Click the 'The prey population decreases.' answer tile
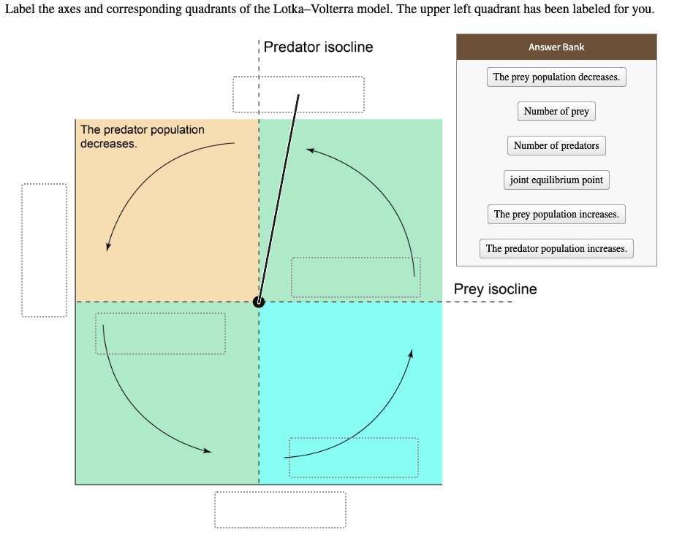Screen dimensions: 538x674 pos(556,77)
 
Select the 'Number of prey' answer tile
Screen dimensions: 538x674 pos(556,112)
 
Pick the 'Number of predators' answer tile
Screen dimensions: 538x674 pos(556,146)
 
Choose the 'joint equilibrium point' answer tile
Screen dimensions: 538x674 pos(556,180)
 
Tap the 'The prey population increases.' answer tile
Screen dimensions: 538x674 pos(556,215)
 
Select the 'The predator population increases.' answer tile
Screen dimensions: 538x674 pos(556,249)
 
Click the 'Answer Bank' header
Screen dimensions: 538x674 pos(556,47)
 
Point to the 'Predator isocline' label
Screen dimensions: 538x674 pos(318,47)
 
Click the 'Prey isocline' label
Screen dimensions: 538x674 pos(495,289)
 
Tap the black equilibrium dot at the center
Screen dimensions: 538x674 pos(259,301)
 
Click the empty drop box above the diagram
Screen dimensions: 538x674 pos(298,95)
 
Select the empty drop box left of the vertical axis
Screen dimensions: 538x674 pos(44,250)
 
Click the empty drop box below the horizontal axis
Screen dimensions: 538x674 pos(280,509)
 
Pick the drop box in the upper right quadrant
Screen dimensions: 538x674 pos(355,277)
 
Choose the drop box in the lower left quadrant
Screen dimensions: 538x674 pos(160,334)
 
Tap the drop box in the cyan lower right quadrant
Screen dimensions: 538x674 pos(354,458)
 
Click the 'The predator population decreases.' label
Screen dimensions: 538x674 pos(143,137)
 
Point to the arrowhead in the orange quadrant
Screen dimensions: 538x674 pos(108,246)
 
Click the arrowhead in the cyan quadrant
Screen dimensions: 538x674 pos(412,353)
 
